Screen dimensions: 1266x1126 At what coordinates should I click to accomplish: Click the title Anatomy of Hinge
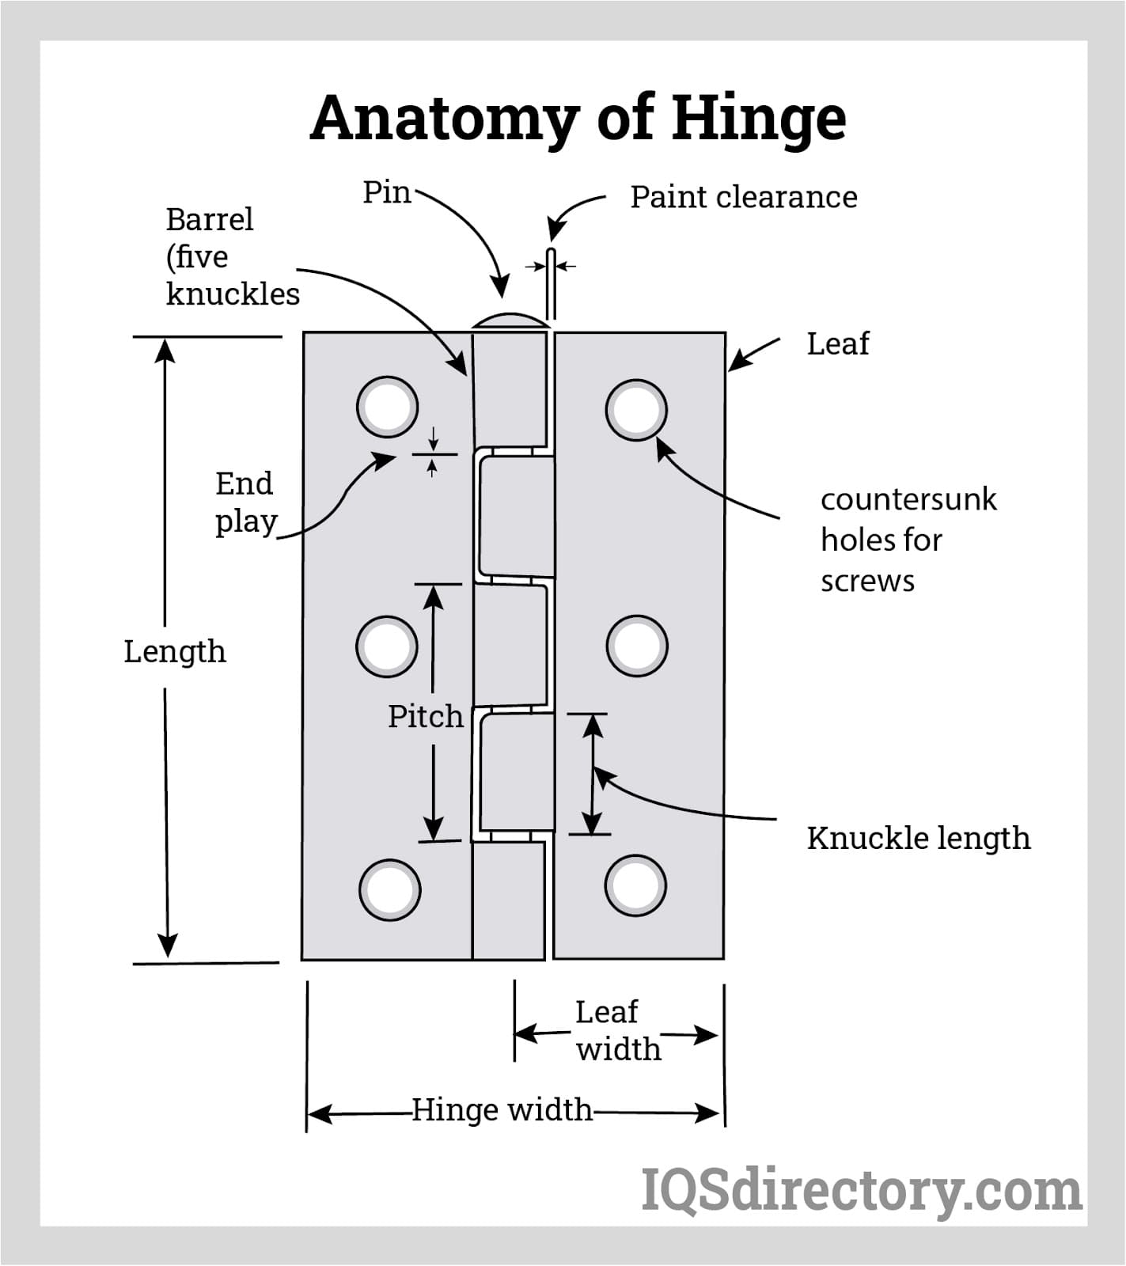(x=578, y=119)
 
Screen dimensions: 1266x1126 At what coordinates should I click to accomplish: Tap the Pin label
(x=386, y=192)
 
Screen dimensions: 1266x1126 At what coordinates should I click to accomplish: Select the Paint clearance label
(x=743, y=197)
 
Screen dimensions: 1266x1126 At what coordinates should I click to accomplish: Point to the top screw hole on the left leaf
(x=387, y=407)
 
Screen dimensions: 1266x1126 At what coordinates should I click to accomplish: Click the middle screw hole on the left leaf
(x=387, y=646)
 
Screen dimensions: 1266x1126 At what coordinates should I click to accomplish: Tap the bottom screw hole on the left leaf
(x=389, y=889)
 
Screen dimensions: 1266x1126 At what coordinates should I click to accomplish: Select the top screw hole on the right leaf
(x=636, y=410)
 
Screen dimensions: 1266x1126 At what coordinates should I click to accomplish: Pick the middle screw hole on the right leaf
(x=637, y=646)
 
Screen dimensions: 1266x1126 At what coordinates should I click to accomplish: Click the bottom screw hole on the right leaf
(x=635, y=885)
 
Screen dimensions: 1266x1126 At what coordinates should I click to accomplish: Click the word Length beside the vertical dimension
(x=175, y=652)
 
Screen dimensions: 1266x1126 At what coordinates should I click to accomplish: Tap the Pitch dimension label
(x=425, y=716)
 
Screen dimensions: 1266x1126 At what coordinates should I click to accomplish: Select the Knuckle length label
(x=918, y=838)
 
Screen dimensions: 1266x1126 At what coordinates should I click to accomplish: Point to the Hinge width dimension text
(x=502, y=1109)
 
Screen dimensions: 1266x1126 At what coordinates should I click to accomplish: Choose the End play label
(x=245, y=502)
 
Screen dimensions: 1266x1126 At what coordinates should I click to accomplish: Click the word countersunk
(x=908, y=499)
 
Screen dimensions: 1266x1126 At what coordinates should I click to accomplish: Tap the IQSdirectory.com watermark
(x=861, y=1190)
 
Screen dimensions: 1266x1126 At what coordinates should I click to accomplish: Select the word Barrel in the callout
(x=210, y=219)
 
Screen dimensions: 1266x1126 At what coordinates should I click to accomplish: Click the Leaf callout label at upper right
(x=837, y=343)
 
